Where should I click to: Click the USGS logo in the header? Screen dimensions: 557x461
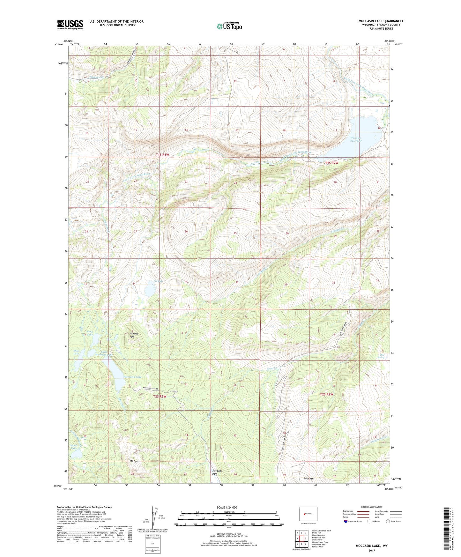click(70, 25)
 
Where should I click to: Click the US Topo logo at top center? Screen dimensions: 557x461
click(229, 26)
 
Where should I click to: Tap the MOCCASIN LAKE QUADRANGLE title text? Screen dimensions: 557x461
click(381, 21)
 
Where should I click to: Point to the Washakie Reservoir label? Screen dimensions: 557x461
click(356, 139)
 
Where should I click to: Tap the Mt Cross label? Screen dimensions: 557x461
click(134, 461)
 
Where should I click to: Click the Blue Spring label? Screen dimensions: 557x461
click(381, 356)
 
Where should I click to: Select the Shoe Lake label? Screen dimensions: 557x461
click(76, 352)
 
